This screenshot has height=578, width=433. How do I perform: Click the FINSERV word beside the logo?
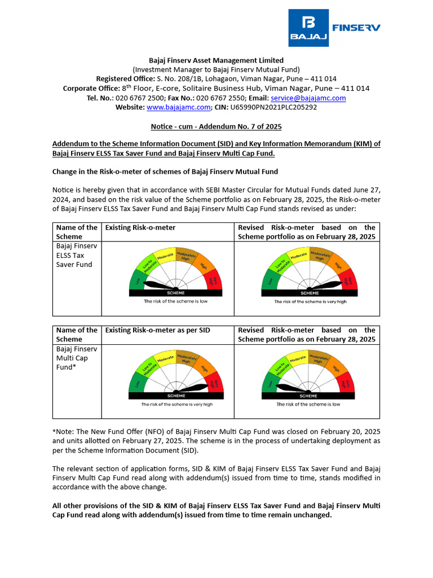click(356, 27)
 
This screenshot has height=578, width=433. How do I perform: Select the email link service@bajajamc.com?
click(312, 98)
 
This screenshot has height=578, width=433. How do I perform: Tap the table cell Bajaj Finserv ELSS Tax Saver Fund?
click(74, 255)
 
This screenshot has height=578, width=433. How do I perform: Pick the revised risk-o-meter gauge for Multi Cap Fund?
click(308, 377)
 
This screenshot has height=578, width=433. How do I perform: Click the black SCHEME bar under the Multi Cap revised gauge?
click(308, 396)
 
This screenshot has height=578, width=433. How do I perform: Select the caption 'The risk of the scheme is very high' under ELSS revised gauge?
click(310, 302)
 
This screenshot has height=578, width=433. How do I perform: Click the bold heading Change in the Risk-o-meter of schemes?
click(165, 172)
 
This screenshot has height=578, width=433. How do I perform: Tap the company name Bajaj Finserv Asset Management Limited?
click(216, 60)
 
